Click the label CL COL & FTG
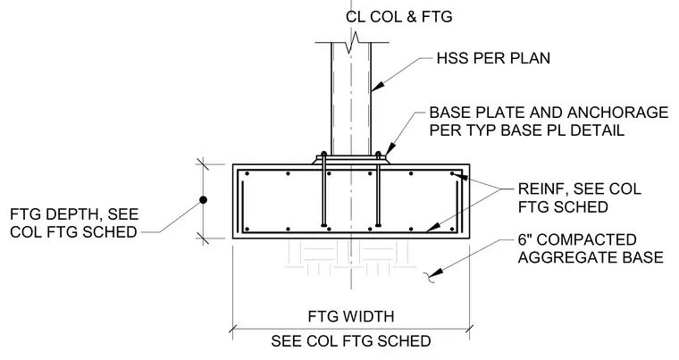click(398, 16)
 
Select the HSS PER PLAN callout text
click(493, 58)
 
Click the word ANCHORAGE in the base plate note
click(617, 113)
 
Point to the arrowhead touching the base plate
click(389, 148)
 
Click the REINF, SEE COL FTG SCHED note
click(580, 197)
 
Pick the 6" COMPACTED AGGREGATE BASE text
click(591, 248)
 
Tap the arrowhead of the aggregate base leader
click(438, 272)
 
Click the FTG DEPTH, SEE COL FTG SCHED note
click(74, 223)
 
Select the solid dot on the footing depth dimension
click(203, 200)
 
